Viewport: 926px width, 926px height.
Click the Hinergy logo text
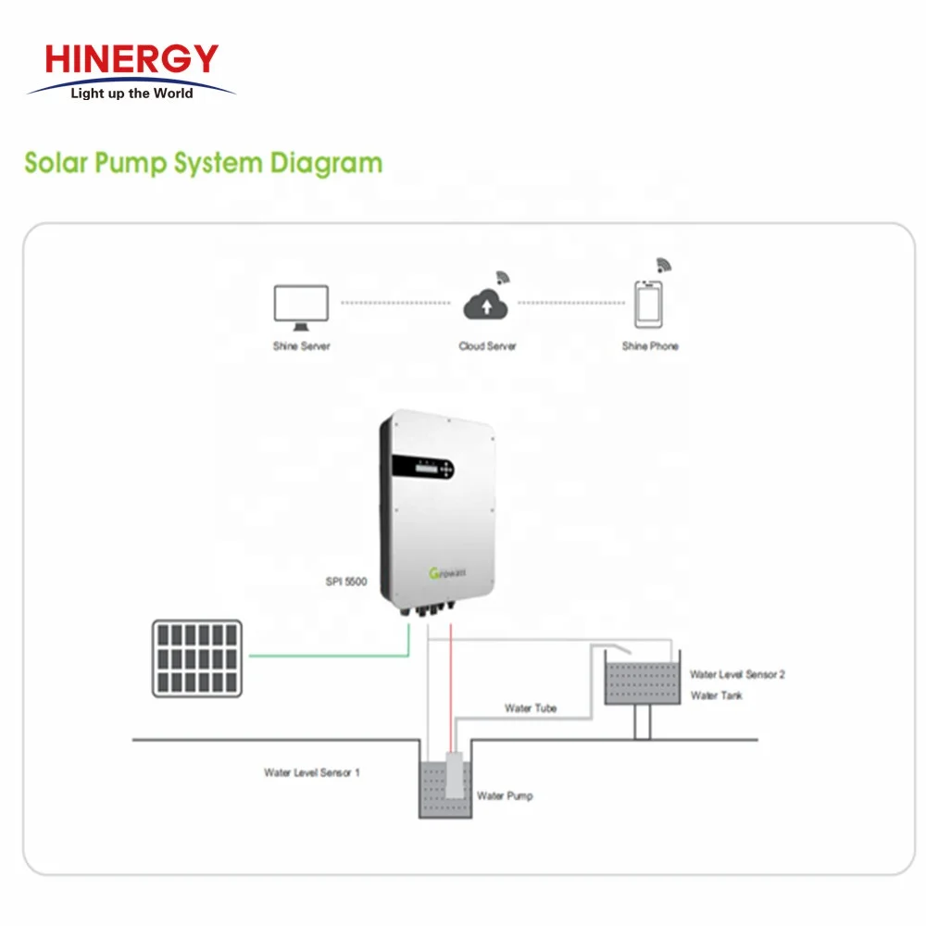pos(131,59)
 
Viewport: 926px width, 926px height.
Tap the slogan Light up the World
pos(131,94)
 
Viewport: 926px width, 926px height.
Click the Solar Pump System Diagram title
pos(203,163)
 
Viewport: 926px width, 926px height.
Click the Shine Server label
pos(301,346)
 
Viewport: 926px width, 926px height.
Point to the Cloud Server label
pos(487,346)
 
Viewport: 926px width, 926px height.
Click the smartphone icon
pos(648,304)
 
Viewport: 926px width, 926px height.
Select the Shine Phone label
pos(650,346)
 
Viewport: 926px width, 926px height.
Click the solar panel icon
pos(197,658)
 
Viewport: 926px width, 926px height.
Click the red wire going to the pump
pos(451,685)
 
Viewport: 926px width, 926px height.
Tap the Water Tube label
pos(531,708)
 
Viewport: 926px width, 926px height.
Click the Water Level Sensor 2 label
pos(737,675)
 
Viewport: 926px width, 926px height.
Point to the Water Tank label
pos(716,695)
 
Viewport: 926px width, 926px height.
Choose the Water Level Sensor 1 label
pos(311,772)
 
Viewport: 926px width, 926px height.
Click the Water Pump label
pos(505,795)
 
